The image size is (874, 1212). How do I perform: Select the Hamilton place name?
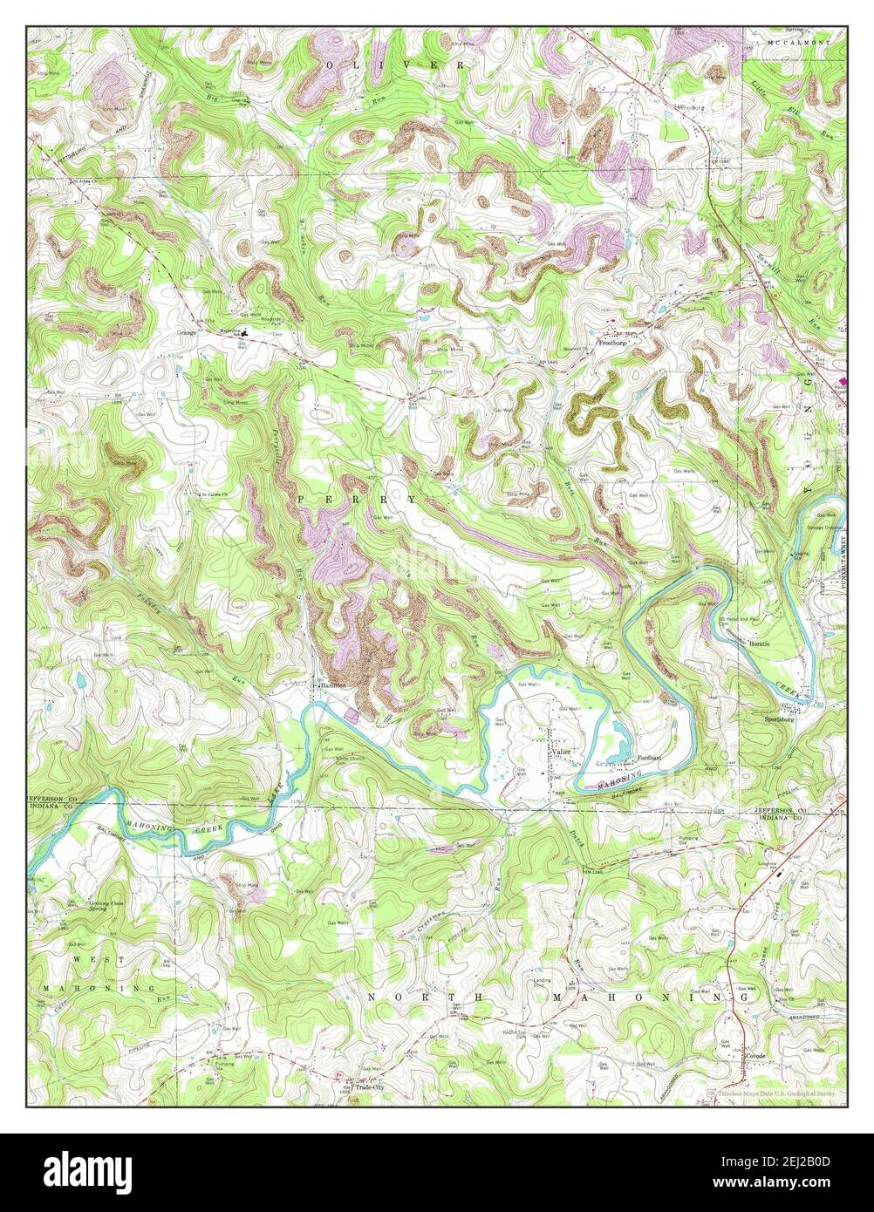(x=332, y=686)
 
